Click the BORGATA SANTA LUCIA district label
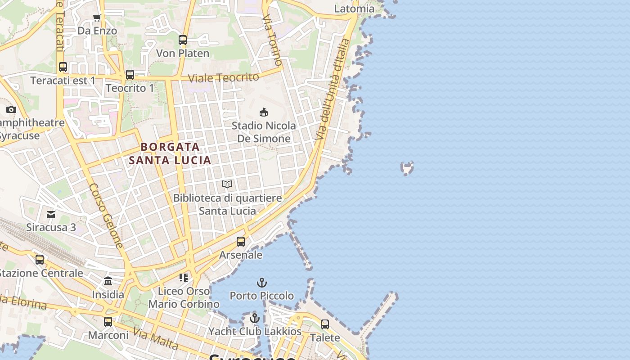(x=170, y=153)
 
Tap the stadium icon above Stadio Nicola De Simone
(x=264, y=112)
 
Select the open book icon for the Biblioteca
(x=227, y=184)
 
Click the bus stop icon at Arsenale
(x=241, y=242)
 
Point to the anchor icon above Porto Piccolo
(x=262, y=283)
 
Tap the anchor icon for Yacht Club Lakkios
(x=255, y=318)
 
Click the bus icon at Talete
(x=325, y=324)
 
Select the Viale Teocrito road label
(x=223, y=77)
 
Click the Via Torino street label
(x=272, y=40)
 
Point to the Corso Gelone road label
(x=106, y=216)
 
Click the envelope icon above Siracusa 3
(x=51, y=214)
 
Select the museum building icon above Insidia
(x=108, y=281)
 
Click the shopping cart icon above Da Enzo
(x=97, y=18)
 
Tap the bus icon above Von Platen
(x=183, y=40)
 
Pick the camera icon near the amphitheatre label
(x=11, y=109)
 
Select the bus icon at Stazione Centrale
(x=40, y=260)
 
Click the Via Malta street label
(x=156, y=340)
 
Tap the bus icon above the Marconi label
(x=108, y=322)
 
